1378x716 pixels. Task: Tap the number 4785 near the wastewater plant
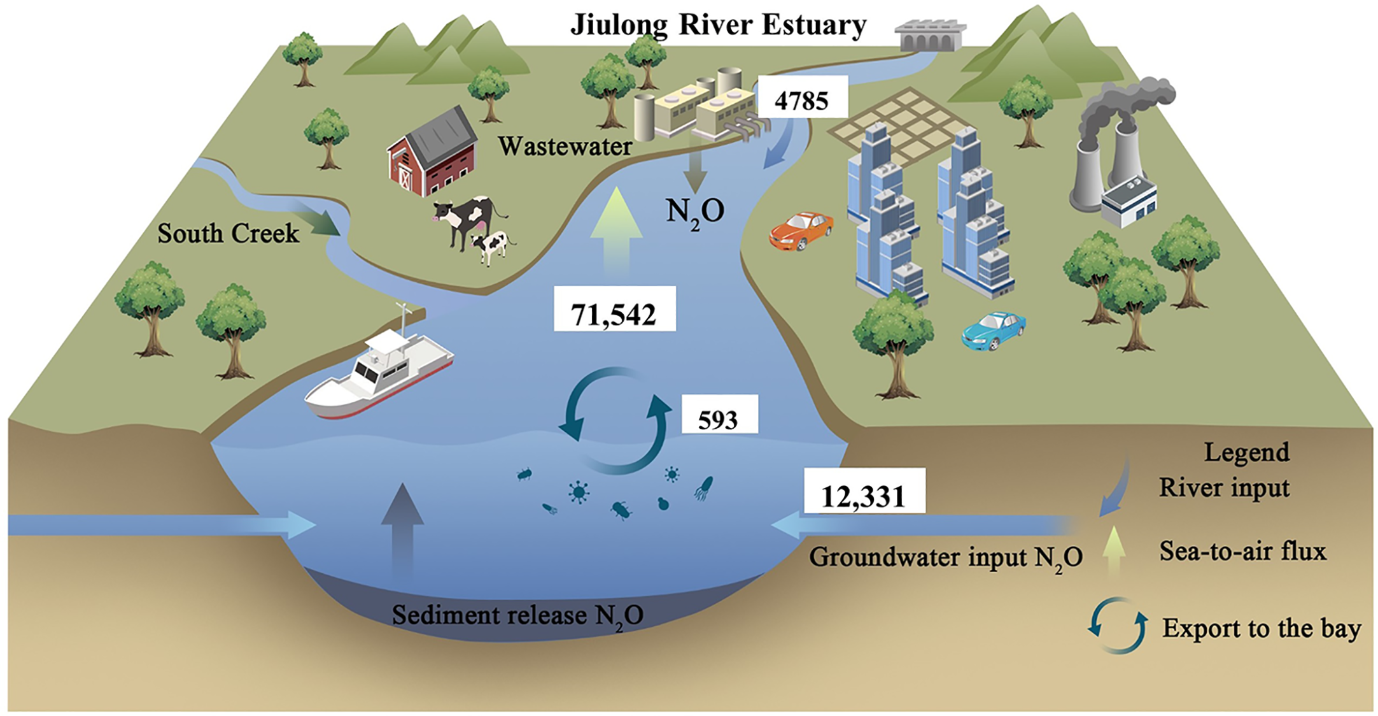pyautogui.click(x=801, y=99)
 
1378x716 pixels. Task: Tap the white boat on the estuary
pyautogui.click(x=379, y=376)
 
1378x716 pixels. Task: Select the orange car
pyautogui.click(x=801, y=230)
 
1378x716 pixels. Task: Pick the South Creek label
pyautogui.click(x=228, y=233)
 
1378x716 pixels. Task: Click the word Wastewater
pyautogui.click(x=565, y=147)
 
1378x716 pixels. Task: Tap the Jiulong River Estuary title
pyautogui.click(x=718, y=25)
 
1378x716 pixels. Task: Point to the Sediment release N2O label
pyautogui.click(x=517, y=615)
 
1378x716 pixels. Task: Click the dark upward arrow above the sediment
pyautogui.click(x=402, y=529)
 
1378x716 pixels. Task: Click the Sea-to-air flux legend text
pyautogui.click(x=1242, y=551)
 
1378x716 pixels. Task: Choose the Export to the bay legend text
pyautogui.click(x=1262, y=628)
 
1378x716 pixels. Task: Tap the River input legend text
pyautogui.click(x=1224, y=488)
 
